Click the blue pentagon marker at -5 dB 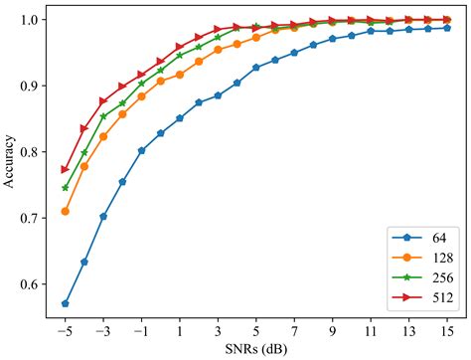(x=66, y=303)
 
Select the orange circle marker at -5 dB (x=66, y=211)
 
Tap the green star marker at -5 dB (x=66, y=187)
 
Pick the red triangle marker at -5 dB (x=66, y=169)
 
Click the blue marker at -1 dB (x=142, y=151)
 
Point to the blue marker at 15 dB (x=447, y=28)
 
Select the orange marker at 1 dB (x=180, y=75)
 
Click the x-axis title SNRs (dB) (x=256, y=350)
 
